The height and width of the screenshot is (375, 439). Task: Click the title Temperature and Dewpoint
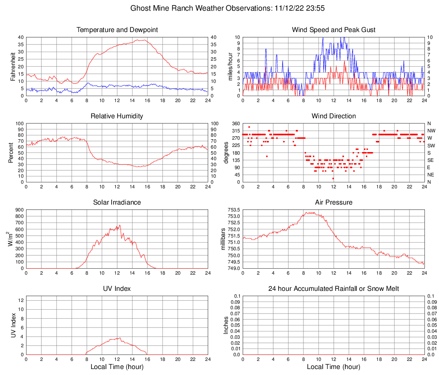pyautogui.click(x=117, y=30)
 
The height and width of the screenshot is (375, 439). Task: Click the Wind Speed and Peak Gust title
pyautogui.click(x=334, y=30)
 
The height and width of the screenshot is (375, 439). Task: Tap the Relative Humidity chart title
pyautogui.click(x=117, y=116)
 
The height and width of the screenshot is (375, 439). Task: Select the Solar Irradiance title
pyautogui.click(x=117, y=202)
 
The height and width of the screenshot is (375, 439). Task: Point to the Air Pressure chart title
pyautogui.click(x=334, y=202)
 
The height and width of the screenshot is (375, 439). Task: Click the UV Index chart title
pyautogui.click(x=117, y=289)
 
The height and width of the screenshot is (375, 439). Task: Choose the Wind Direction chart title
pyautogui.click(x=334, y=116)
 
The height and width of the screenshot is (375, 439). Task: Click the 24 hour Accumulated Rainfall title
pyautogui.click(x=334, y=289)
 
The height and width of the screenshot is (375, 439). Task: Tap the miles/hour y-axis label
pyautogui.click(x=230, y=67)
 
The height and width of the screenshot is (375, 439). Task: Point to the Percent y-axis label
pyautogui.click(x=11, y=153)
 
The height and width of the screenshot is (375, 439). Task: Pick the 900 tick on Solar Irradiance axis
pyautogui.click(x=19, y=210)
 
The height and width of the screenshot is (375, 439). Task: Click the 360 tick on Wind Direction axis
pyautogui.click(x=236, y=123)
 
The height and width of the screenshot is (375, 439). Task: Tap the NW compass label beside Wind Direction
pyautogui.click(x=431, y=131)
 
